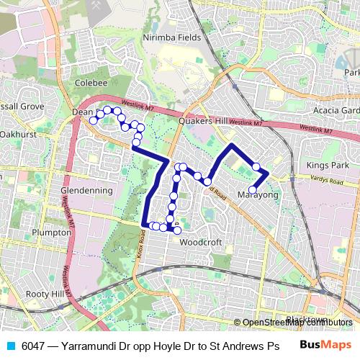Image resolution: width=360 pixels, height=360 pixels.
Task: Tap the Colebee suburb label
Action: coord(91,83)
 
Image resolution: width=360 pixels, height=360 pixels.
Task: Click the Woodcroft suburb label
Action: coord(199,242)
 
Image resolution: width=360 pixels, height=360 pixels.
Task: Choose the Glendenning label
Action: coord(87,191)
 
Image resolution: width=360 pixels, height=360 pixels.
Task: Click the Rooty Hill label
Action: coord(45,294)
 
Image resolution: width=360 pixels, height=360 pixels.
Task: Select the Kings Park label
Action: coord(327,166)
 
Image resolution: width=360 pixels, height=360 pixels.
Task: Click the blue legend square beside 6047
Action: coord(10,346)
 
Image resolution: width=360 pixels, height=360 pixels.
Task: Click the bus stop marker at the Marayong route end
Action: coord(252,190)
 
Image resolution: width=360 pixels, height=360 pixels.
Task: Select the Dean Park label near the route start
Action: coord(84,112)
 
